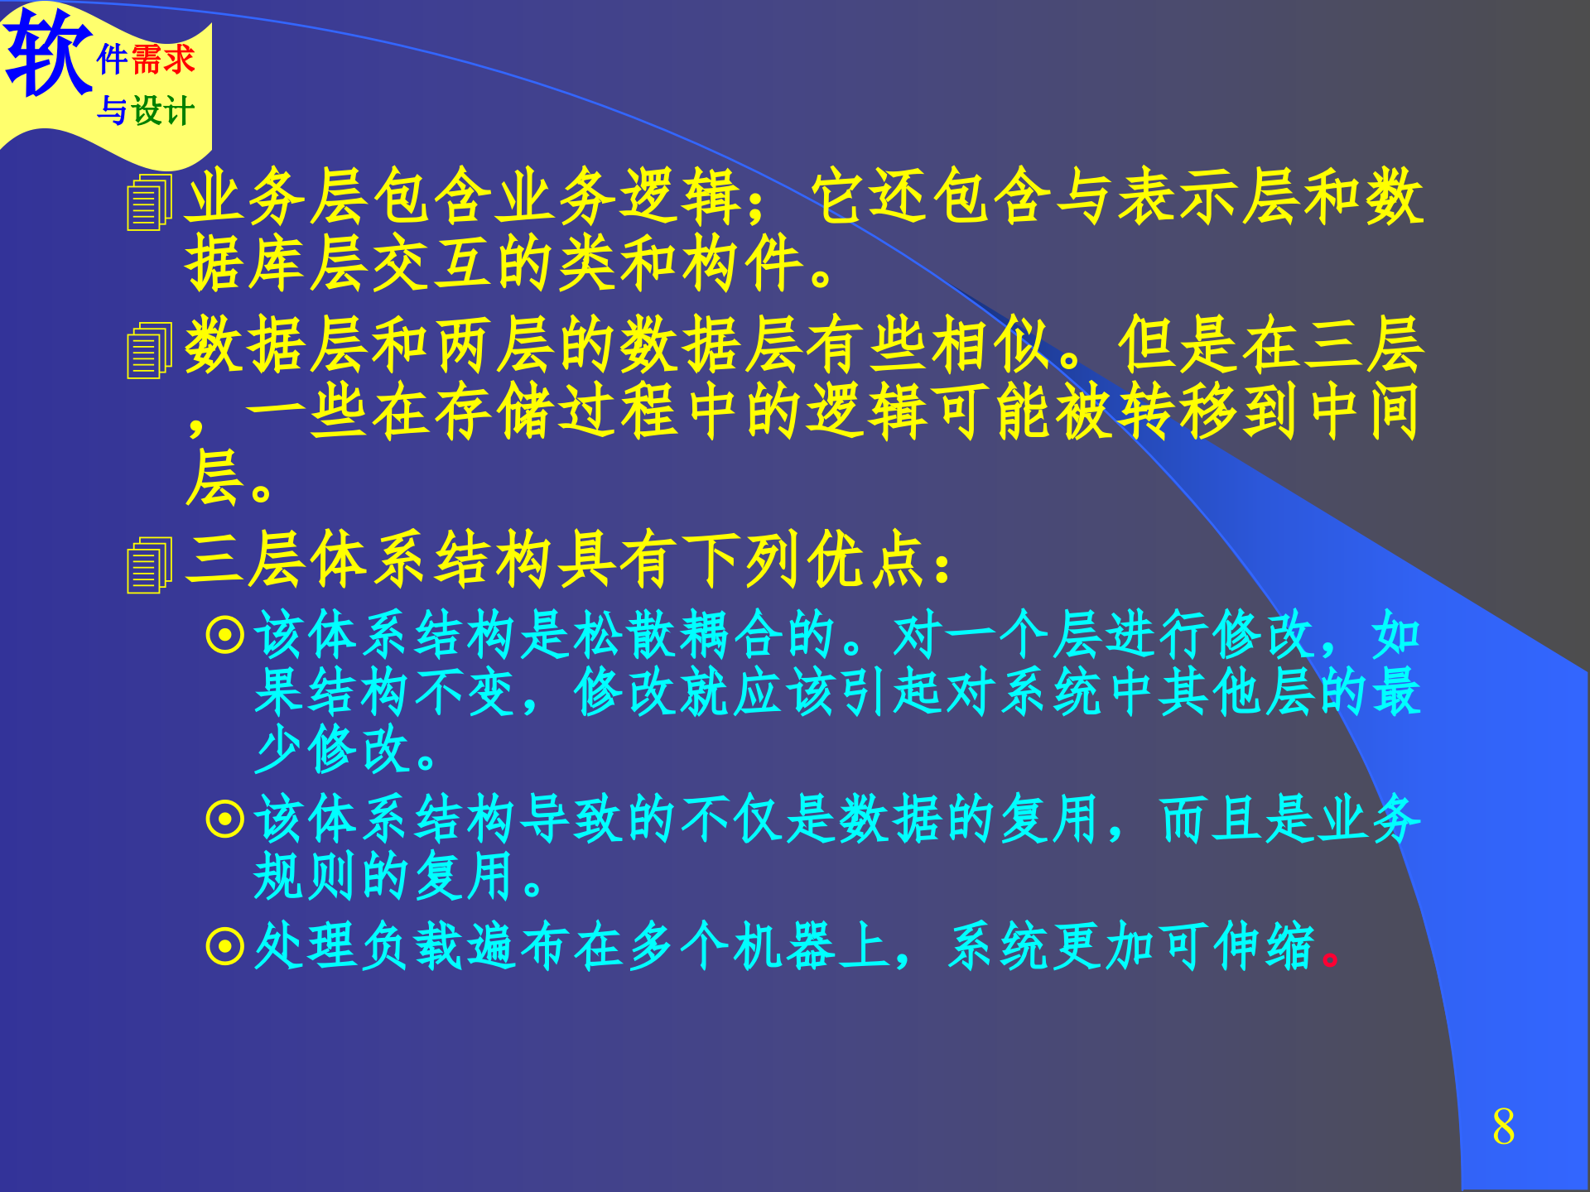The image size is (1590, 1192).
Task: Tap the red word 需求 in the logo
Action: pyautogui.click(x=163, y=60)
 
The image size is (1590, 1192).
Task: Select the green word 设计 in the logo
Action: pyautogui.click(x=163, y=111)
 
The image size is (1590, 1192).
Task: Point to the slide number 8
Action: pyautogui.click(x=1503, y=1127)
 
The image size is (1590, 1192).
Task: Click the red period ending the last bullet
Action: pyautogui.click(x=1330, y=959)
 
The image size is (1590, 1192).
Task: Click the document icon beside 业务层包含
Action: pyautogui.click(x=149, y=203)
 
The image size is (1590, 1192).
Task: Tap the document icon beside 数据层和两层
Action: pyautogui.click(x=149, y=351)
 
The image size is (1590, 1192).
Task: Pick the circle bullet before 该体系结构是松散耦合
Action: pyautogui.click(x=224, y=636)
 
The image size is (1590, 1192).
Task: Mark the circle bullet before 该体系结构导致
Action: pyautogui.click(x=224, y=819)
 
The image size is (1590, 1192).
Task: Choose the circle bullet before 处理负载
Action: pyautogui.click(x=224, y=947)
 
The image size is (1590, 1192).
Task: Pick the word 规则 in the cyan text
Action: pyautogui.click(x=306, y=876)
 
